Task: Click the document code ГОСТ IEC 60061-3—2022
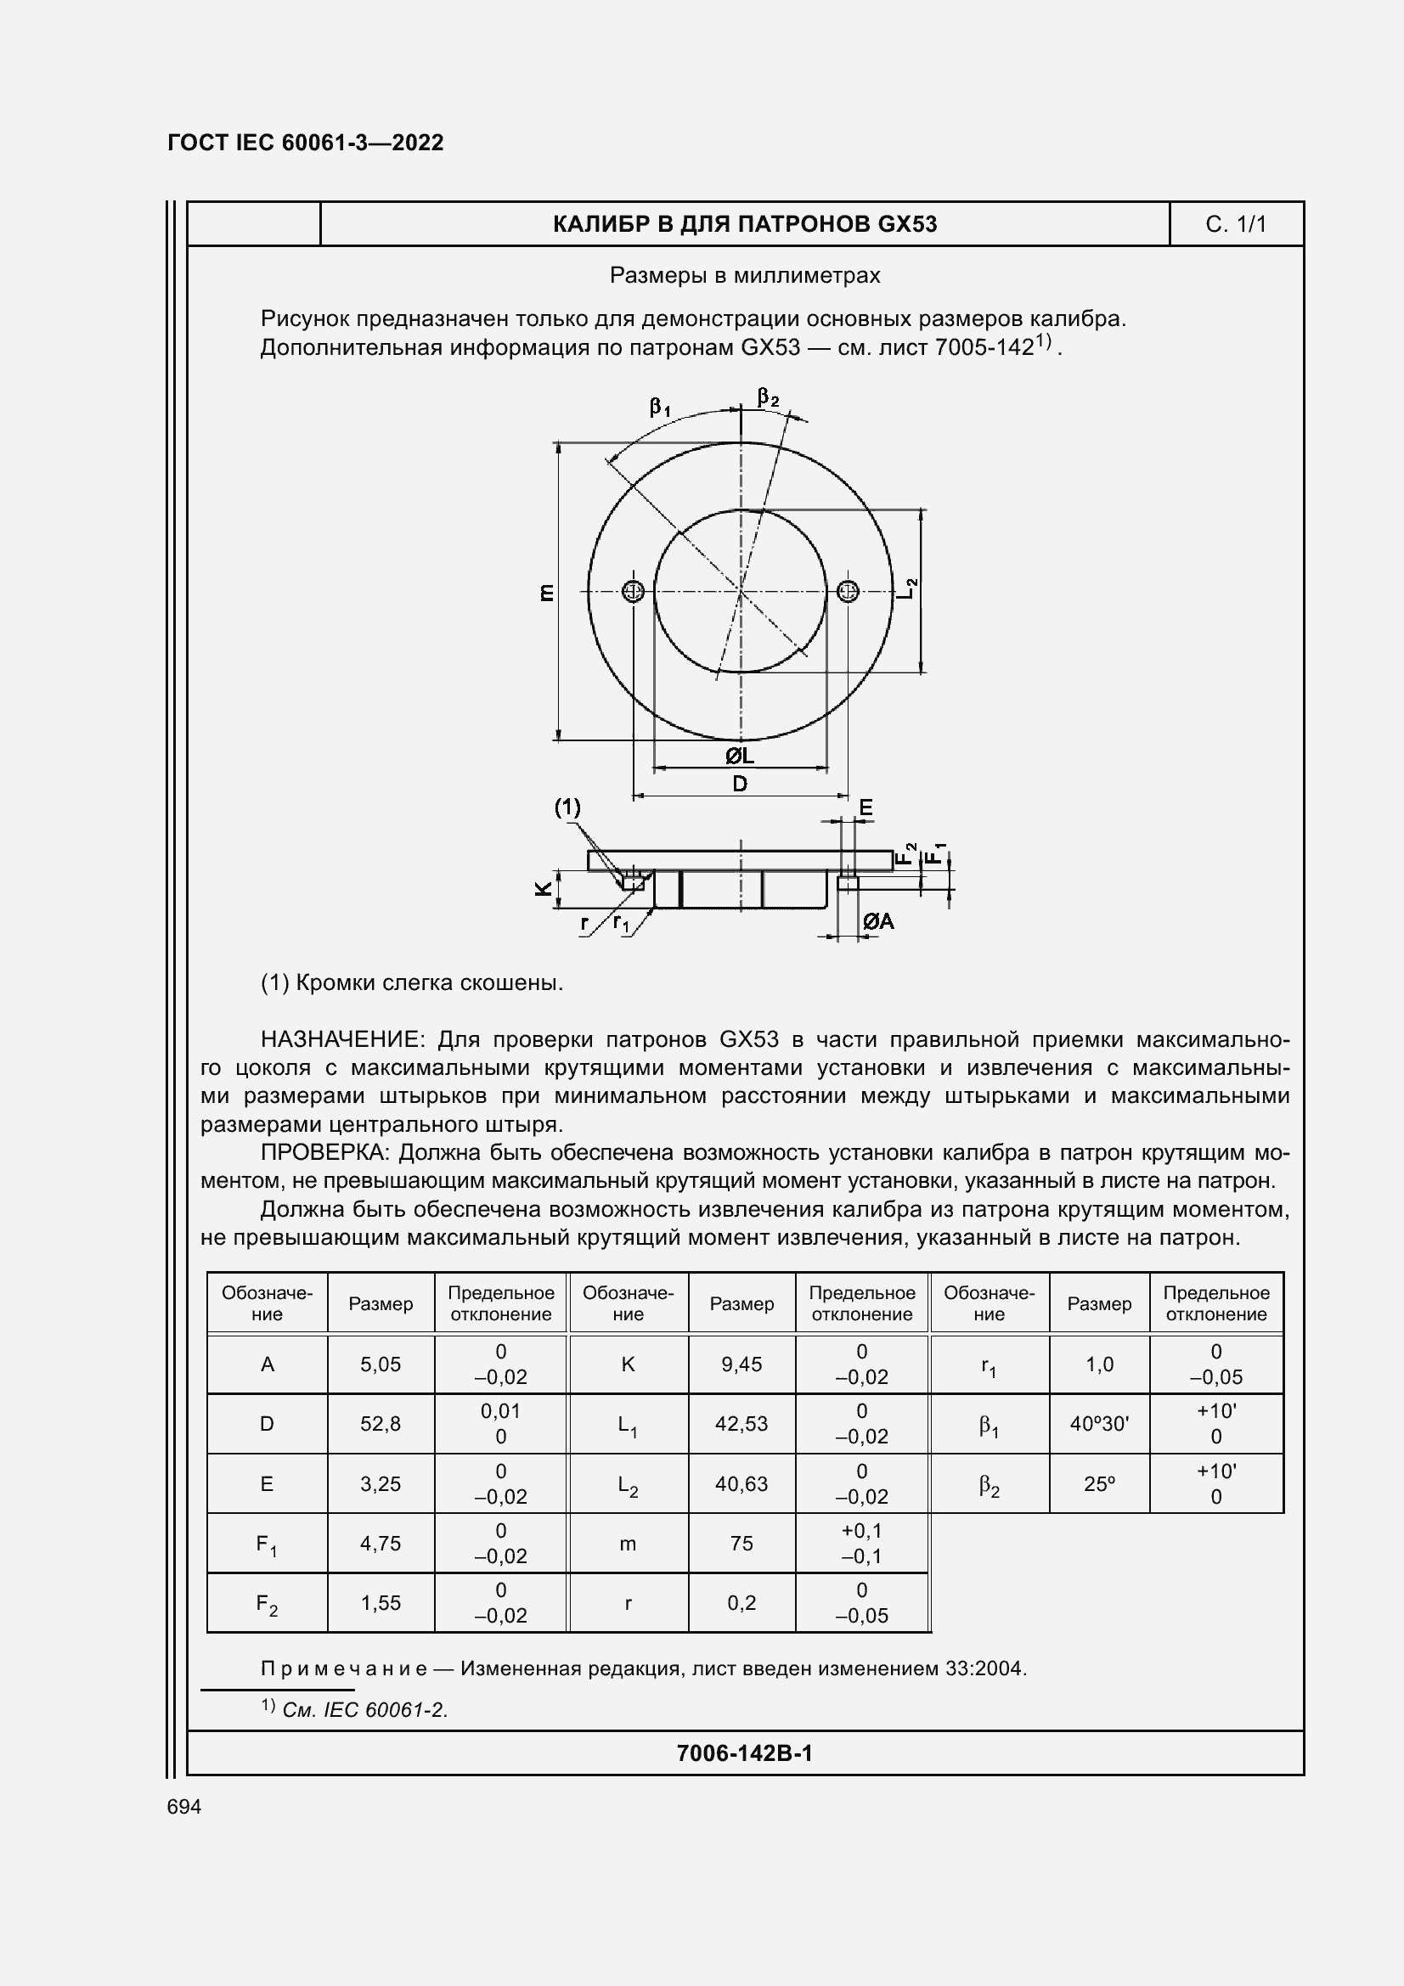click(x=305, y=143)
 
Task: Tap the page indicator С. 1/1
click(x=1235, y=225)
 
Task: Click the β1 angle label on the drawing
click(x=660, y=407)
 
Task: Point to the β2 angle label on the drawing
click(x=767, y=398)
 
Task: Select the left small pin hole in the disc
click(x=634, y=592)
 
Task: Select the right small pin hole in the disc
click(x=848, y=592)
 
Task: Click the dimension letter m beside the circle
click(x=546, y=593)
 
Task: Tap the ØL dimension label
click(x=740, y=756)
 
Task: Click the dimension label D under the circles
click(x=740, y=784)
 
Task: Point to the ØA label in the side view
click(x=878, y=922)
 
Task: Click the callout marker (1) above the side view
click(x=567, y=807)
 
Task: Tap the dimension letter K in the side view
click(x=544, y=888)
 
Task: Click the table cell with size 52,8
click(x=381, y=1424)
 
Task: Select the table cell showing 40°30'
click(x=1098, y=1424)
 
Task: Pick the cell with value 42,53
click(x=741, y=1424)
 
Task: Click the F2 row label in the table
click(x=267, y=1605)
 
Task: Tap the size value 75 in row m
click(x=741, y=1543)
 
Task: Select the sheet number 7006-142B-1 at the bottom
click(x=744, y=1753)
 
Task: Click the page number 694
click(x=184, y=1807)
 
